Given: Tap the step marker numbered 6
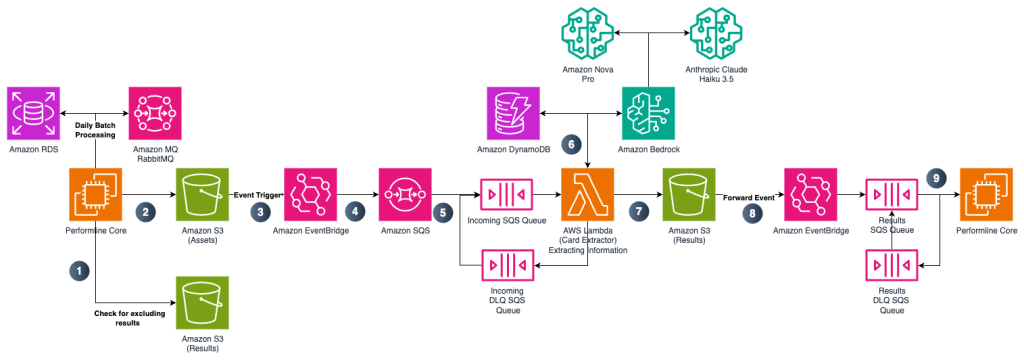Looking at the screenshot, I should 571,144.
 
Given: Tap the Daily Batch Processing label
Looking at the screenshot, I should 96,128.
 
